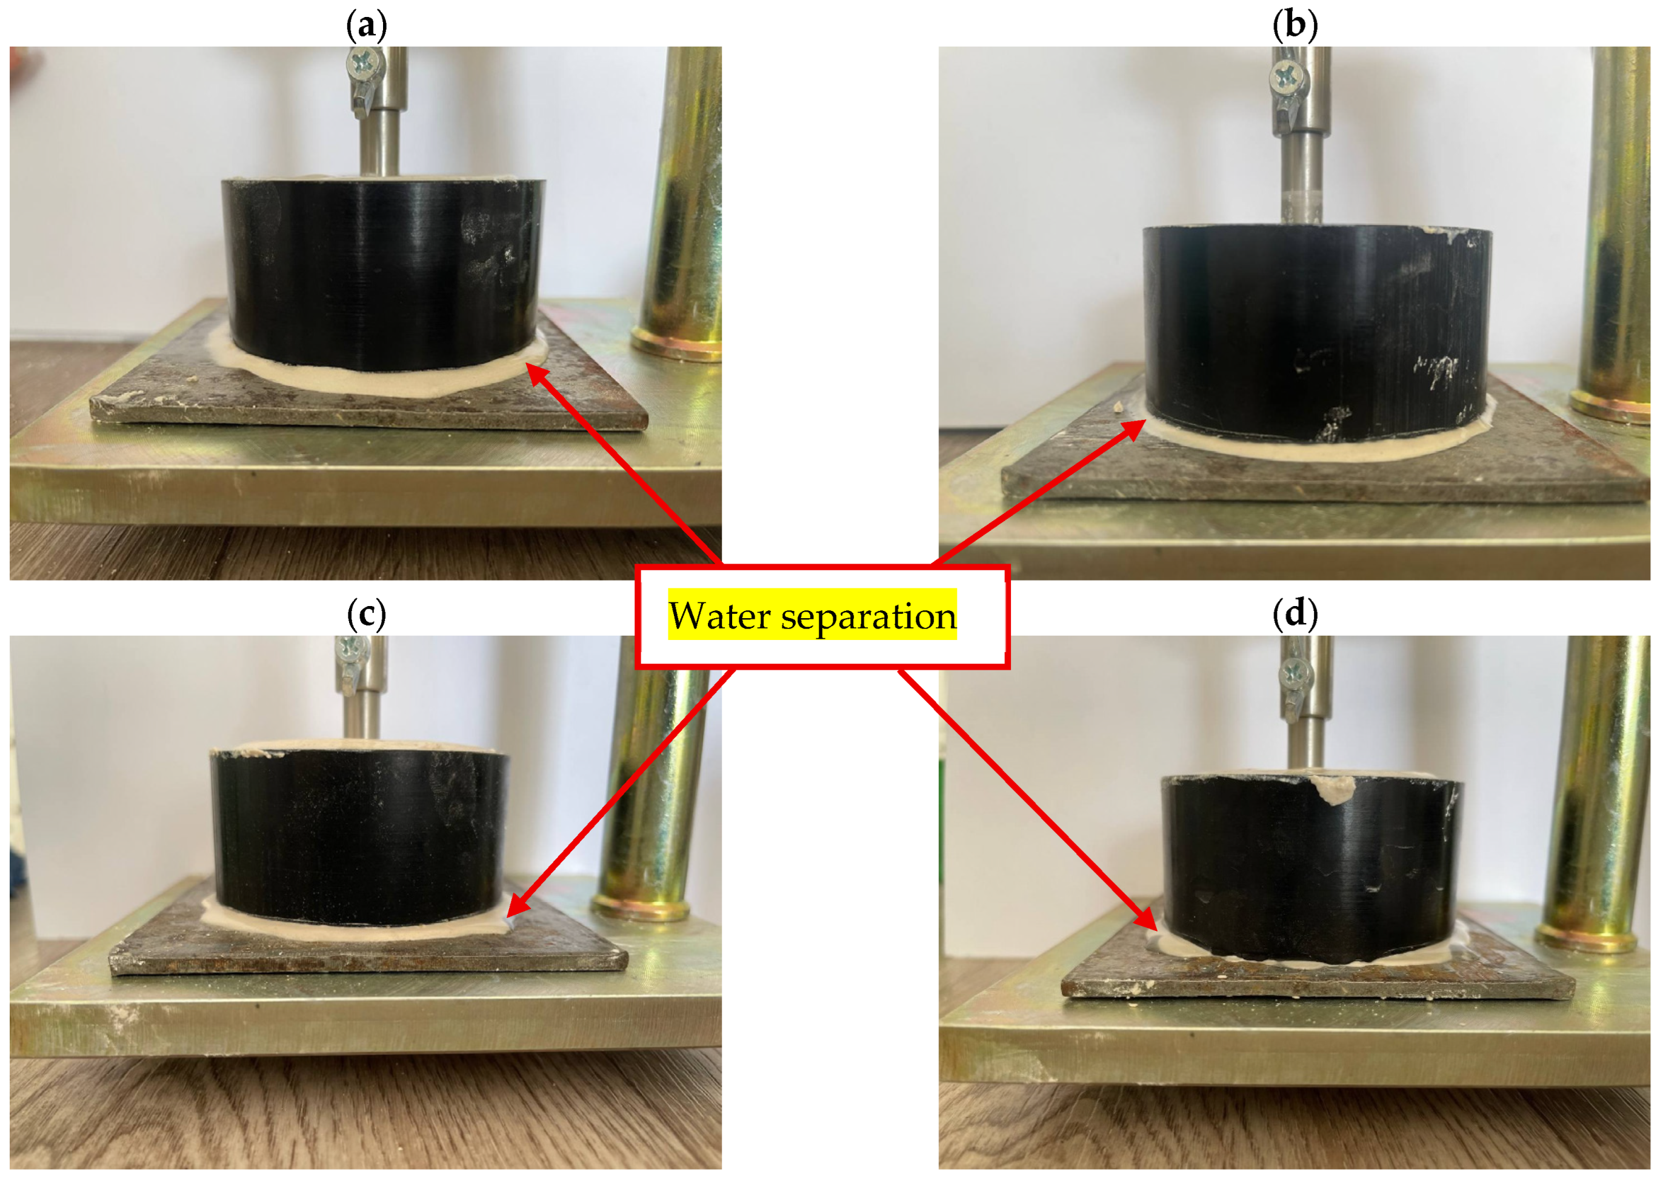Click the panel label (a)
(x=367, y=25)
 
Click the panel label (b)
(x=1295, y=25)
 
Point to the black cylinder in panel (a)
(x=383, y=273)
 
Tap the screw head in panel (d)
(x=1292, y=674)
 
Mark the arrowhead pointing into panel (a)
(x=537, y=375)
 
